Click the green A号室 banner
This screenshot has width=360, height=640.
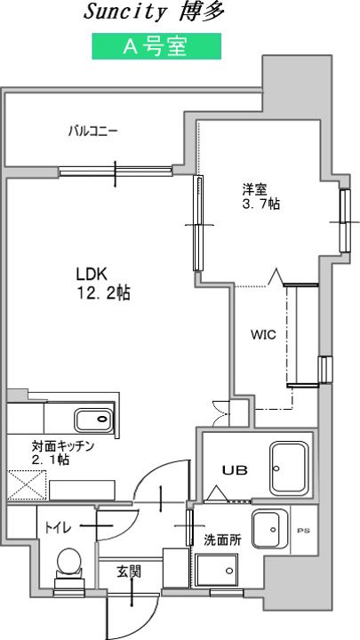(156, 46)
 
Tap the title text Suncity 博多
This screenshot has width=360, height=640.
(155, 12)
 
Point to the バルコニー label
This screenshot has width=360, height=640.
(93, 132)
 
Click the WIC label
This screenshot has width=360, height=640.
(263, 335)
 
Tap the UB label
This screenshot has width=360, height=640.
(235, 470)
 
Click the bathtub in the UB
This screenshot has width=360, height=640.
(288, 468)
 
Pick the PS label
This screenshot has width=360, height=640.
(303, 531)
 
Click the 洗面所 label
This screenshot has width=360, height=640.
(222, 540)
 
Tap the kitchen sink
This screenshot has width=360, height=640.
(93, 420)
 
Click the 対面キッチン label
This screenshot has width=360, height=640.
(63, 446)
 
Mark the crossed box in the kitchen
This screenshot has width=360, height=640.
(27, 485)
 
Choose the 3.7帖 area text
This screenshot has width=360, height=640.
(261, 204)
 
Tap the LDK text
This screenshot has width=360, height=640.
(92, 275)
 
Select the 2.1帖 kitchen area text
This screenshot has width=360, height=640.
(50, 460)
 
